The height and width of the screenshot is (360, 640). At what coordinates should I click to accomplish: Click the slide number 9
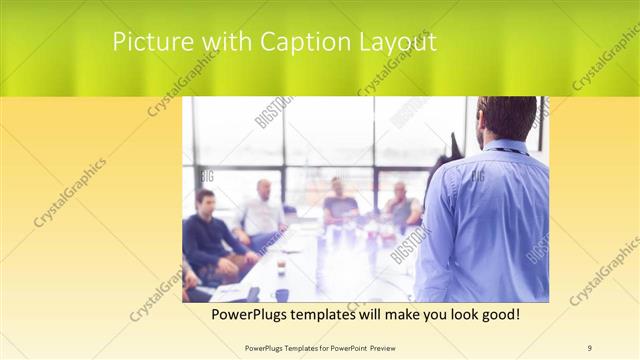coord(590,347)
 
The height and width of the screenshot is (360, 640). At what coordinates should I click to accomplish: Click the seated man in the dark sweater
coord(208,235)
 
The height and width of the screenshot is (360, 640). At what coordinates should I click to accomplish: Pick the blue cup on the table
coord(282,295)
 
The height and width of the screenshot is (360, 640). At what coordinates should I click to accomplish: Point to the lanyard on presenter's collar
coord(508,151)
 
